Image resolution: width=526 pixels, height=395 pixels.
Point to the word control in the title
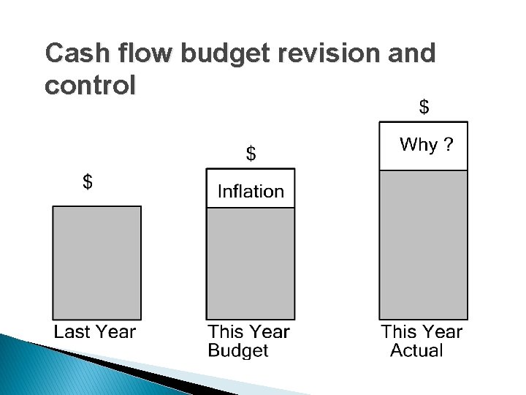click(90, 86)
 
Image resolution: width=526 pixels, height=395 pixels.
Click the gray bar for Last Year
click(96, 263)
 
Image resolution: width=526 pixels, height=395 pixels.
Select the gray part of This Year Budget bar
click(251, 263)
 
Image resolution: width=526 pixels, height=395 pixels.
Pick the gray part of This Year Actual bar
click(423, 244)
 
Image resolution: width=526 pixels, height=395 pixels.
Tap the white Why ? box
click(423, 146)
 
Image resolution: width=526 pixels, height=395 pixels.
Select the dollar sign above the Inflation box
click(251, 154)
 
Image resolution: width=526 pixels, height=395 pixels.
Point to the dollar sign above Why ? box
click(423, 107)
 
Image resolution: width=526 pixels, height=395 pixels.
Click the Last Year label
click(95, 332)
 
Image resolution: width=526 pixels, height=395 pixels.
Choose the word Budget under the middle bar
click(238, 351)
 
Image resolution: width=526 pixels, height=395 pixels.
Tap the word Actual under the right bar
click(416, 351)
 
